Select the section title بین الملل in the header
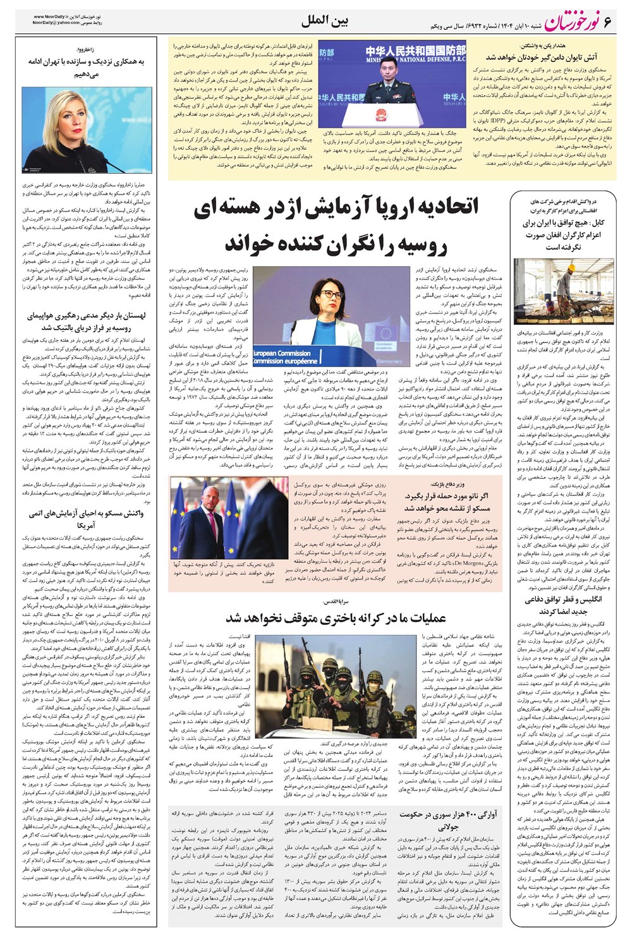(325, 21)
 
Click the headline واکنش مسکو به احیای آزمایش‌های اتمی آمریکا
(86, 519)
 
